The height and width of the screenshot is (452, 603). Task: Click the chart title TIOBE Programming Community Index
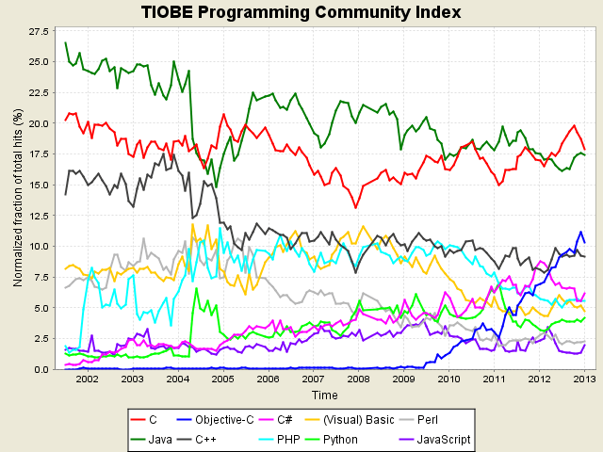(x=301, y=12)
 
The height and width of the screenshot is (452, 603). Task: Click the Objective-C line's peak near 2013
(x=581, y=232)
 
